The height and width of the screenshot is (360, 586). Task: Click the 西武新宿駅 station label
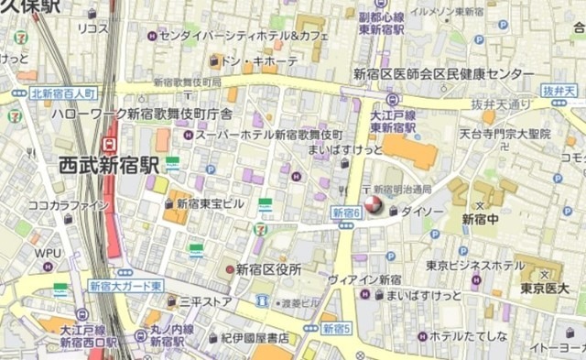coord(108,166)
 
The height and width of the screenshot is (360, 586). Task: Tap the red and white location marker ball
coord(374,205)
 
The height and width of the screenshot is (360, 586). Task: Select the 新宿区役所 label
coord(269,269)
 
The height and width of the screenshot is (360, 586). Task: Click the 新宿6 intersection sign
coord(346,213)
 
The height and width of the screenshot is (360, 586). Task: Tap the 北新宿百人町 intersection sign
coord(63,93)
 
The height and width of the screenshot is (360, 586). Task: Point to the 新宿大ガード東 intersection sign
coord(125,286)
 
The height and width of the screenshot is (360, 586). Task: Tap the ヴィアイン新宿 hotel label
coord(364,278)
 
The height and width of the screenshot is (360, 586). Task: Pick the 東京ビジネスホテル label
coord(475,266)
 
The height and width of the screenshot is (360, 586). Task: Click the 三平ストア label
coord(205,300)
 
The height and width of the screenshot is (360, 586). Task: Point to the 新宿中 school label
coord(480,219)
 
